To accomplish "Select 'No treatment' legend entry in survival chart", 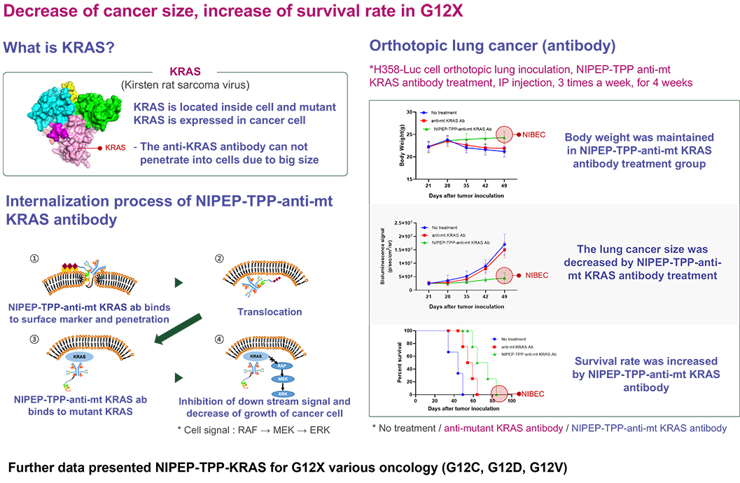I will tap(513, 337).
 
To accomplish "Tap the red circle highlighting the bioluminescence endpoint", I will tap(504, 276).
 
